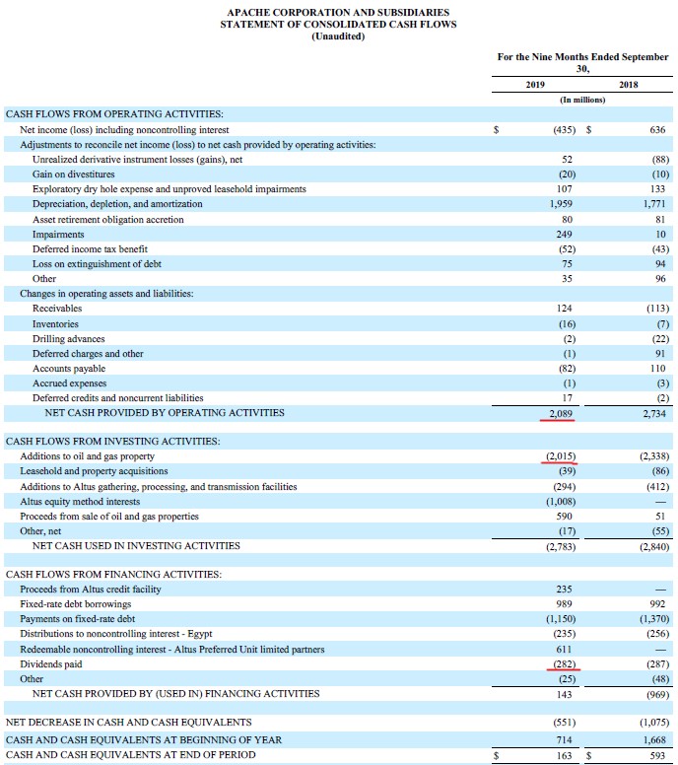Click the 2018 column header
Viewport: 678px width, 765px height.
click(x=629, y=86)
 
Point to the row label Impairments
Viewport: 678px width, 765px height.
click(x=57, y=234)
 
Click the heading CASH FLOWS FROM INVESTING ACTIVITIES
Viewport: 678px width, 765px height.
click(x=113, y=442)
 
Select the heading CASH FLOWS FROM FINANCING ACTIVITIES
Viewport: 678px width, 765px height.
click(x=113, y=575)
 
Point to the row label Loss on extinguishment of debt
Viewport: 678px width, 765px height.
click(x=97, y=263)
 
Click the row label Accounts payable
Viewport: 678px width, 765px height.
click(x=69, y=368)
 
